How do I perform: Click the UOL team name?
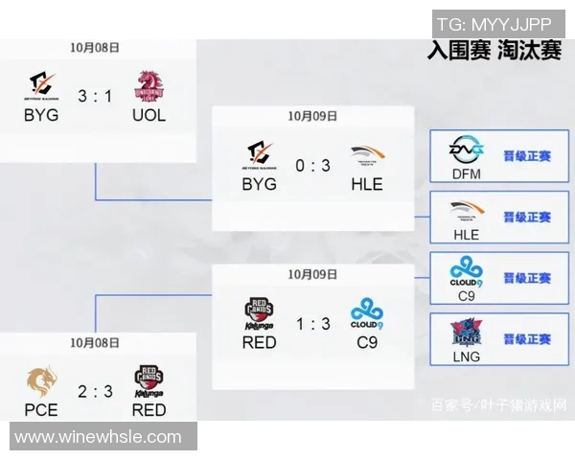[149, 115]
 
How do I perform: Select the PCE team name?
[41, 409]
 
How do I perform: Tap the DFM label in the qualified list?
[466, 172]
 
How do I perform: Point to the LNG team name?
[466, 356]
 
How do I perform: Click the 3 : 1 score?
[95, 96]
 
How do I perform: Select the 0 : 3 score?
[312, 166]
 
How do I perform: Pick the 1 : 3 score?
[312, 325]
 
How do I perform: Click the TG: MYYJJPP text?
[494, 24]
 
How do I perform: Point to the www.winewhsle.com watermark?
[98, 437]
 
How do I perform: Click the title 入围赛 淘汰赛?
[494, 51]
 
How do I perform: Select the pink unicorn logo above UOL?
[149, 86]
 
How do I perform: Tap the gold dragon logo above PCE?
[41, 380]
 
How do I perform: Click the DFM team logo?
[466, 150]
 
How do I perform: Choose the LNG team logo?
[466, 333]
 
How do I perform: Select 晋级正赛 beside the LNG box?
[527, 339]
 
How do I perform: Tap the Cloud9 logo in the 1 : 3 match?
[366, 312]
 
